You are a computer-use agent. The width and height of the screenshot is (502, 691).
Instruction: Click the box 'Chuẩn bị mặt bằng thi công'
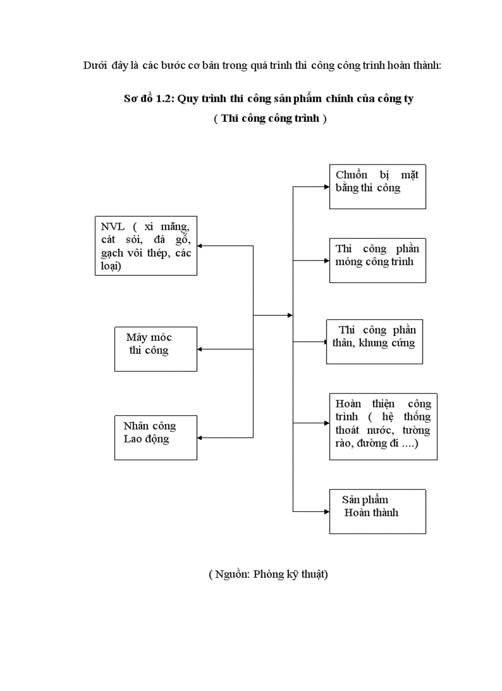coord(377,186)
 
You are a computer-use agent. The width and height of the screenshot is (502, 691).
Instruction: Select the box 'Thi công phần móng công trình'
coord(377,260)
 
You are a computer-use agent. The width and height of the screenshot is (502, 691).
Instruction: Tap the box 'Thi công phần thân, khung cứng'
coord(375,342)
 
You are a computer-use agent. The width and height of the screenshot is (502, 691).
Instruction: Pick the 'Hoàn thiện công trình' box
coord(383,426)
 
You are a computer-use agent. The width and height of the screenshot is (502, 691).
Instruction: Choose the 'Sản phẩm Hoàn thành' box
coord(377,511)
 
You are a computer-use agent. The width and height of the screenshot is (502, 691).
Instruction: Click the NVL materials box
coord(146,246)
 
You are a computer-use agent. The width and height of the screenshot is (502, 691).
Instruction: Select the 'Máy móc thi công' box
coord(156,349)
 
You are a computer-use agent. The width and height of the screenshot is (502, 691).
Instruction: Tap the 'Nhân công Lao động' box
coord(156,437)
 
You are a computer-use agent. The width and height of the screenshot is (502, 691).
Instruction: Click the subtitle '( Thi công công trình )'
coord(270,119)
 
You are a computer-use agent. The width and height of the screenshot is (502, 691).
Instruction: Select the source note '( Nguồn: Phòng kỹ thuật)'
coord(268,574)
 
